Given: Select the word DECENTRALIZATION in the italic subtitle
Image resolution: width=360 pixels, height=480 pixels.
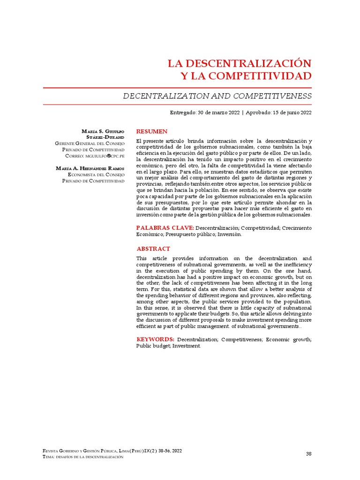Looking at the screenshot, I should pos(160,96).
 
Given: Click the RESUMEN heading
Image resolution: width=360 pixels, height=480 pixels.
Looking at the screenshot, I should pos(151,131).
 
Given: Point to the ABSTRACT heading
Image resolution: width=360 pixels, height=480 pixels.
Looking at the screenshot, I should pos(153,249).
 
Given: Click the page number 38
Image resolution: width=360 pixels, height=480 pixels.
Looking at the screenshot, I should pos(308,454).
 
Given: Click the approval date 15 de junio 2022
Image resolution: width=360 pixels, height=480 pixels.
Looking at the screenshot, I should pos(292,112).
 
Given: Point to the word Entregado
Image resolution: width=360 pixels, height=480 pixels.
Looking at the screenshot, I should pos(183,112).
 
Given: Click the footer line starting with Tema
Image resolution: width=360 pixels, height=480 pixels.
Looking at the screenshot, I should pos(83,457).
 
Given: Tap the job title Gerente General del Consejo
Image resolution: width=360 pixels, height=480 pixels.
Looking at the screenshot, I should pos(90,143).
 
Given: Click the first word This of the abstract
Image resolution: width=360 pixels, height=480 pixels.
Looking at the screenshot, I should pos(142,258).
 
